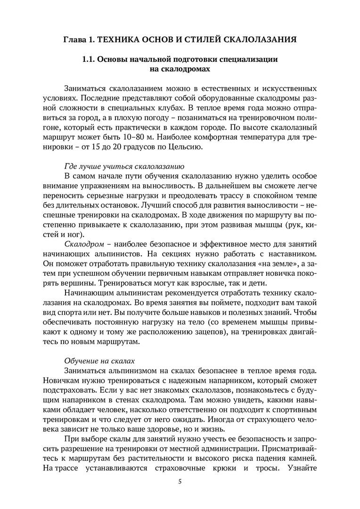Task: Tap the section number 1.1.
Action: [x=90, y=60]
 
